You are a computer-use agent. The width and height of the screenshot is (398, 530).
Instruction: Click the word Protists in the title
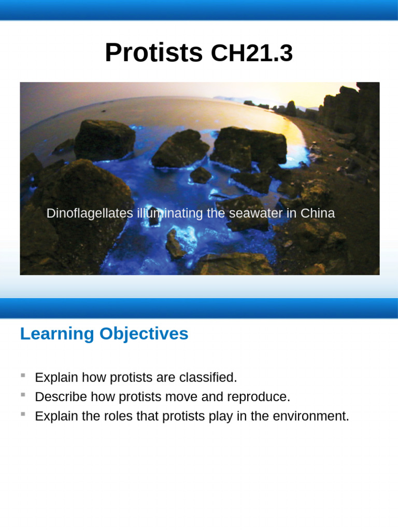(153, 53)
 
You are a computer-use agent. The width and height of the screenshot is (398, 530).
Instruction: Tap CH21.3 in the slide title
(251, 54)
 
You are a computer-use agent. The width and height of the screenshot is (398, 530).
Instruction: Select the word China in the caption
(318, 213)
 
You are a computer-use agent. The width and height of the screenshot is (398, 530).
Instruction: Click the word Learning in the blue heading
(58, 334)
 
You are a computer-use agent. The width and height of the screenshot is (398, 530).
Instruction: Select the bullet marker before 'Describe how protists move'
(23, 394)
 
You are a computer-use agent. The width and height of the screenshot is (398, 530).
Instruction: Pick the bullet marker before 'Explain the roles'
(23, 414)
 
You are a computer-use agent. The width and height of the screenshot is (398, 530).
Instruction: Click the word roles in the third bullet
(105, 416)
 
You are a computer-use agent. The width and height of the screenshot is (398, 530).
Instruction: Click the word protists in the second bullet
(137, 397)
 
